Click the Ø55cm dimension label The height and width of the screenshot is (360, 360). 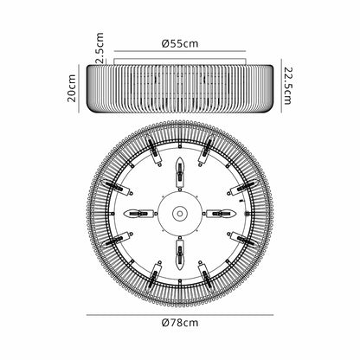180,43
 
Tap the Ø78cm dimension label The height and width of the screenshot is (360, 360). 180,322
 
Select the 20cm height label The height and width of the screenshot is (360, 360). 72,88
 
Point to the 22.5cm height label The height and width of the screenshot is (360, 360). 288,86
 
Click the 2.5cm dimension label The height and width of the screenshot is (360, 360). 100,48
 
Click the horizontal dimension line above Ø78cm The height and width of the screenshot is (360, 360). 180,315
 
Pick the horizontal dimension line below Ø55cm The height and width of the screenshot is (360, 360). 180,51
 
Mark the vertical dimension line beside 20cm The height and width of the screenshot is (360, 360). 79,88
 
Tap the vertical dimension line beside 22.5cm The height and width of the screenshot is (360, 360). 281,86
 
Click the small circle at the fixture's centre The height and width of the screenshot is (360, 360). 180,214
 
